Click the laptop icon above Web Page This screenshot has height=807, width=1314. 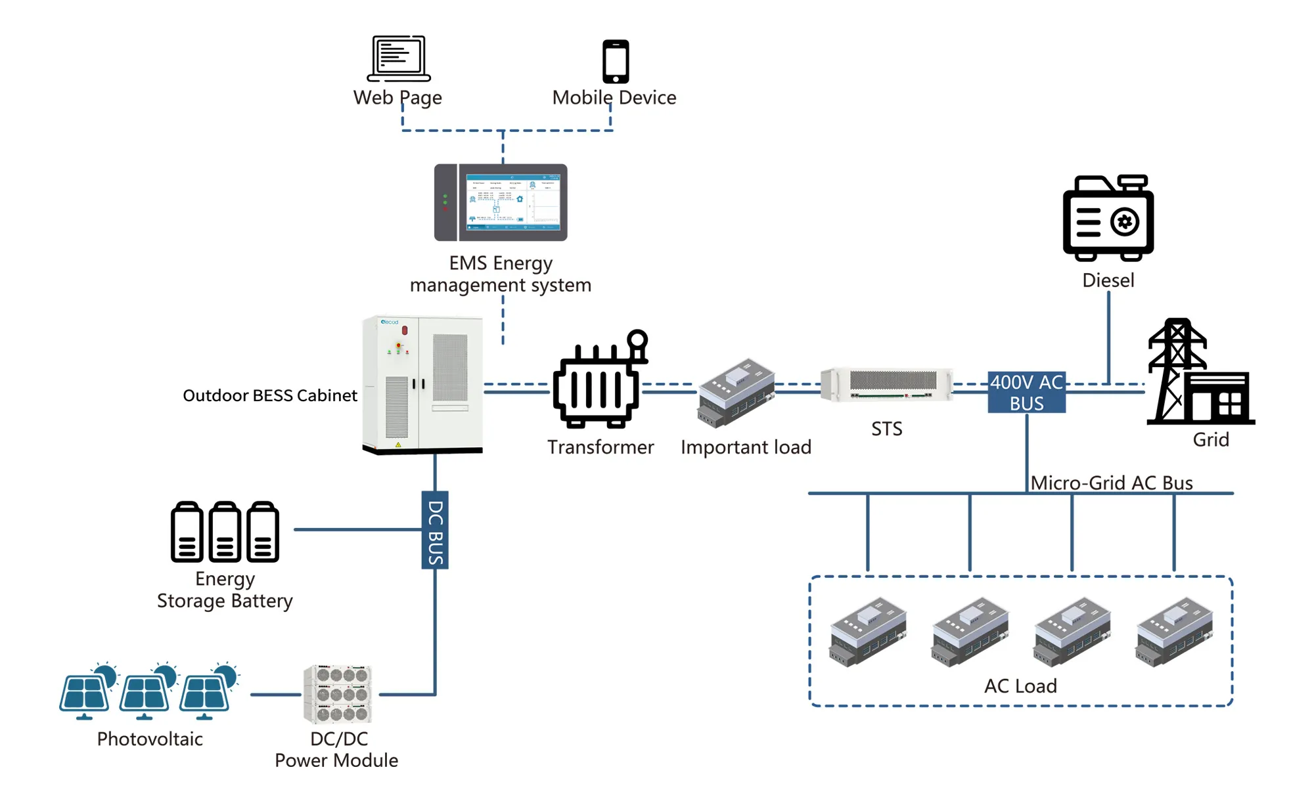[x=398, y=58]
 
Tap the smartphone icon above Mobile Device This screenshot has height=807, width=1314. [x=616, y=61]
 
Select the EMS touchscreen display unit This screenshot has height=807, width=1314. [x=501, y=202]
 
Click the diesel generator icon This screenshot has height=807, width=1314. [x=1108, y=218]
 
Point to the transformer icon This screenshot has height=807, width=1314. [x=599, y=381]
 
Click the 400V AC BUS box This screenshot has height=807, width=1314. [x=1026, y=392]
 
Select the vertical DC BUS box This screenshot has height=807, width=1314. [x=435, y=530]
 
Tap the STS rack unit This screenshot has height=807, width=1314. [x=887, y=384]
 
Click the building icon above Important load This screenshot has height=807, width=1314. [x=736, y=392]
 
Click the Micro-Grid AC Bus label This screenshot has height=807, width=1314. [x=1111, y=483]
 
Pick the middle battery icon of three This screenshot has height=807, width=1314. [x=225, y=532]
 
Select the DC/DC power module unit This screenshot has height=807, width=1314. [x=338, y=694]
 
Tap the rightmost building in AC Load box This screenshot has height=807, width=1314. [x=1175, y=631]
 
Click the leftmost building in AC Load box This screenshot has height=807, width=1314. [x=868, y=631]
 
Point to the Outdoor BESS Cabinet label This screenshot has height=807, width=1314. [x=269, y=395]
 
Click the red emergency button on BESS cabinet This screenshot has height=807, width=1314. [x=405, y=330]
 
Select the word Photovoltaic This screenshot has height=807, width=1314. [x=150, y=739]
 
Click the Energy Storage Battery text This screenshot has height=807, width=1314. [x=225, y=590]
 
